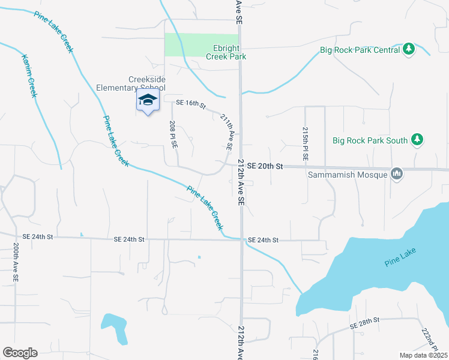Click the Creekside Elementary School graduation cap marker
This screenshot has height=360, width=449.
148,101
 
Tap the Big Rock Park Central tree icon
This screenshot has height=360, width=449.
409,49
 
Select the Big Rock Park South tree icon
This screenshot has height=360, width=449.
417,140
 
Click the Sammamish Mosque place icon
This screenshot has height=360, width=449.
396,174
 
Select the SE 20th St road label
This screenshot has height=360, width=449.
265,166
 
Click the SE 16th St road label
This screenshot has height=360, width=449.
190,104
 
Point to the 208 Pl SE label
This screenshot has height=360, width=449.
173,136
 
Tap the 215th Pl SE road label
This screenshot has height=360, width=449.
306,143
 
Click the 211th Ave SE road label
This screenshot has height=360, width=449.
226,131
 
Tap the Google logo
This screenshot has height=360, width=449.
20,353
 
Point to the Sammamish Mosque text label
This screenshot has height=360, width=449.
347,175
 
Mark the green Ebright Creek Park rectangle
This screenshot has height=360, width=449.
197,44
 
